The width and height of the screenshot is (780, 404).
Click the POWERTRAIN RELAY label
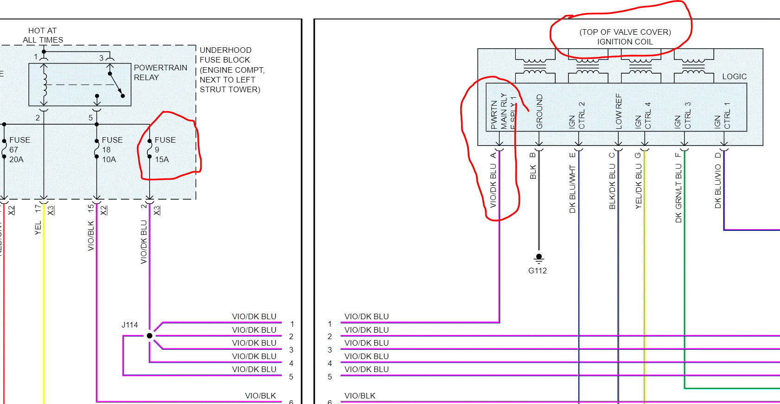pyautogui.click(x=160, y=72)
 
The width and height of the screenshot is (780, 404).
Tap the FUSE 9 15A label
pyautogui.click(x=164, y=149)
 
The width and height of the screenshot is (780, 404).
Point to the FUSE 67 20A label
pyautogui.click(x=19, y=149)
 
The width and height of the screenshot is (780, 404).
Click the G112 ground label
pyautogui.click(x=538, y=271)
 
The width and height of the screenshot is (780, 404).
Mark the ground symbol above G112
pyautogui.click(x=539, y=258)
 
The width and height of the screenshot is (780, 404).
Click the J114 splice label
pyautogui.click(x=130, y=325)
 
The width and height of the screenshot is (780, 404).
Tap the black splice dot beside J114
pyautogui.click(x=149, y=335)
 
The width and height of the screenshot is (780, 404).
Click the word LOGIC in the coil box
pyautogui.click(x=734, y=76)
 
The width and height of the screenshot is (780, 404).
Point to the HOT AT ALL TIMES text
pyautogui.click(x=43, y=35)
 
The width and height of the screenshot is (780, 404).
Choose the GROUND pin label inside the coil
pyautogui.click(x=539, y=112)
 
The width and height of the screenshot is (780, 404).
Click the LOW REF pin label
pyautogui.click(x=619, y=111)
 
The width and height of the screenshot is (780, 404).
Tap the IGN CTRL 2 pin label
pyautogui.click(x=577, y=116)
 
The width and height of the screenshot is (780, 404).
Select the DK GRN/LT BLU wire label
pyautogui.click(x=679, y=188)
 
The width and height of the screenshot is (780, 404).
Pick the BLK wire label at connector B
pyautogui.click(x=533, y=172)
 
